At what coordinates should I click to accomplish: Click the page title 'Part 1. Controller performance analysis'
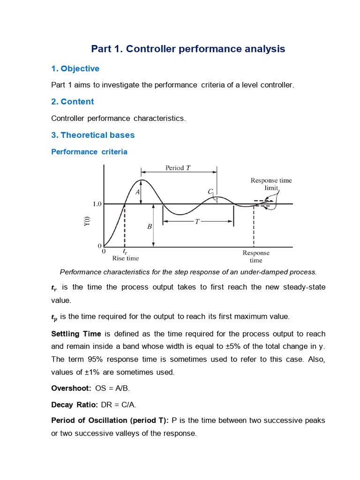pos(187,49)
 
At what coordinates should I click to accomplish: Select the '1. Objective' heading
pos(75,68)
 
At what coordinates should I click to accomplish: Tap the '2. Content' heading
pos(72,102)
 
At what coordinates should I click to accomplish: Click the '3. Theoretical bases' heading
pos(93,135)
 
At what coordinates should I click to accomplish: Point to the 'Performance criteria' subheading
pos(89,152)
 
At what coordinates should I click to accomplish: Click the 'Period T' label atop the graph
pos(178,168)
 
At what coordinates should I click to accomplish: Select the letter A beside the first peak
pos(138,192)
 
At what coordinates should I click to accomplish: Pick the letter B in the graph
pos(150,226)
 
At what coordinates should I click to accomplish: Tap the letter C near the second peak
pos(210,191)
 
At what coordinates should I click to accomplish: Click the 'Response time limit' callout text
pos(270,184)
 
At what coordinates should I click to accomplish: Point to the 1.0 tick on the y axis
pos(97,204)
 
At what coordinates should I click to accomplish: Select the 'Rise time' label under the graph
pos(125,258)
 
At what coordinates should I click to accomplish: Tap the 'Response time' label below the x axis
pos(256,256)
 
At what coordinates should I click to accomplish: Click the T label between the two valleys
pos(198,222)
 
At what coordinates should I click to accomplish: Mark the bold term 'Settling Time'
pos(76,334)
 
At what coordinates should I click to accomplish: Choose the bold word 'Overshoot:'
pos(71,388)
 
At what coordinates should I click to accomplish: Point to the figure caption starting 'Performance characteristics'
pos(188,272)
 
